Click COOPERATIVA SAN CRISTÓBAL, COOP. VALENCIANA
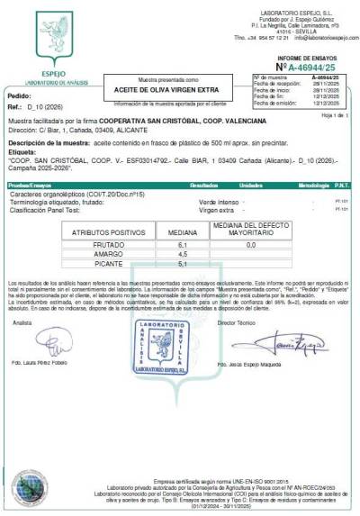196,121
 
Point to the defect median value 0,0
251,244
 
